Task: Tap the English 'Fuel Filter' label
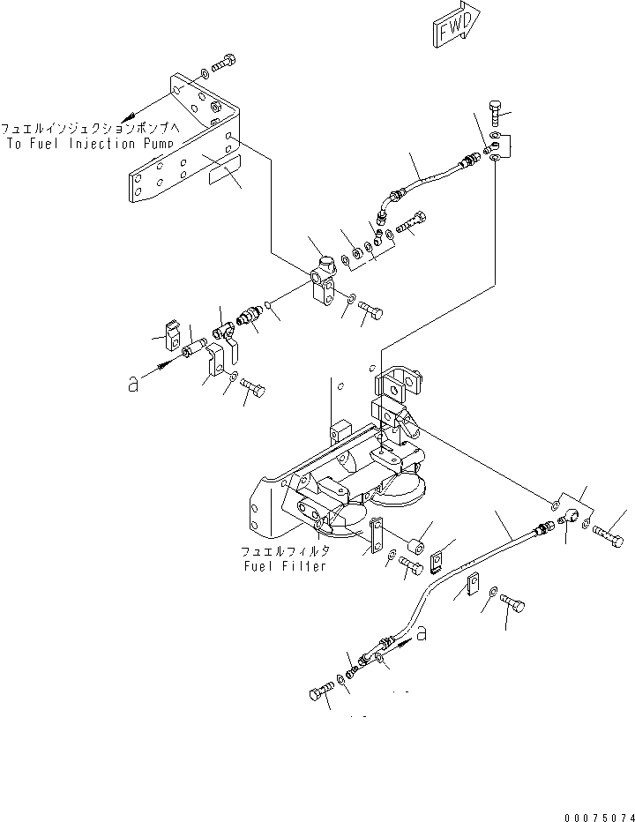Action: pos(286,565)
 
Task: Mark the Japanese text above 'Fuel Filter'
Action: pos(286,550)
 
